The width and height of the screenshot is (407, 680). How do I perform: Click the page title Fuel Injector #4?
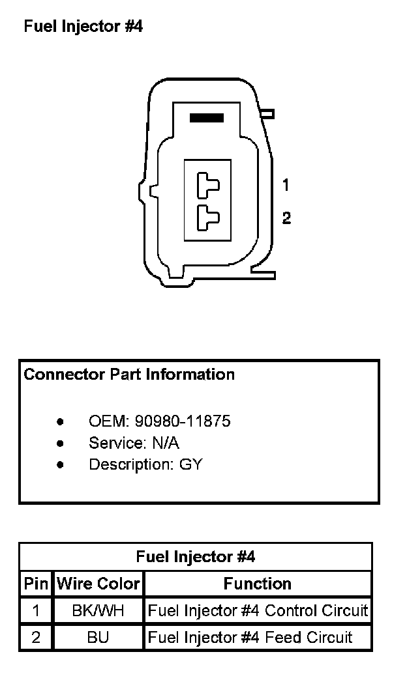(x=83, y=27)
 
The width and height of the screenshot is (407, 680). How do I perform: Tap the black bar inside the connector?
(x=206, y=118)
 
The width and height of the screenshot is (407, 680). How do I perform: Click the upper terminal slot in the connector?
(x=208, y=185)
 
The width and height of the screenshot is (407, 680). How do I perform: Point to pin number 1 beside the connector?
(x=286, y=186)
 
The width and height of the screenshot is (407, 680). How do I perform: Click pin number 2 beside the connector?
(x=286, y=218)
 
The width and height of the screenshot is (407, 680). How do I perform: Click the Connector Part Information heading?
(x=129, y=375)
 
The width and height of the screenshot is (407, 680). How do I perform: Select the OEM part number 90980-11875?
(x=183, y=421)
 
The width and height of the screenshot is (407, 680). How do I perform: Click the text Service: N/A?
(x=134, y=443)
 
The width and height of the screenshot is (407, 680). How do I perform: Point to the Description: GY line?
(x=145, y=465)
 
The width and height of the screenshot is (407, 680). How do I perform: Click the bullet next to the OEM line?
(x=60, y=421)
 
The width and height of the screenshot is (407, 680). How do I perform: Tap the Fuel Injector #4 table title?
(x=196, y=557)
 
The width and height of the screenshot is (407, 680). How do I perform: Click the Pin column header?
(x=36, y=584)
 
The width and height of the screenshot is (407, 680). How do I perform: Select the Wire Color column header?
(x=98, y=584)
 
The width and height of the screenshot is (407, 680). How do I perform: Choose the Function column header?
(x=258, y=584)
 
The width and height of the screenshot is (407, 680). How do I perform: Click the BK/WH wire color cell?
(x=98, y=611)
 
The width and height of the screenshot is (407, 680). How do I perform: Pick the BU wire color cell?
(x=98, y=637)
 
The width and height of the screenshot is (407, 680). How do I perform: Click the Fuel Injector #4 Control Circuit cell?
(x=258, y=611)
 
